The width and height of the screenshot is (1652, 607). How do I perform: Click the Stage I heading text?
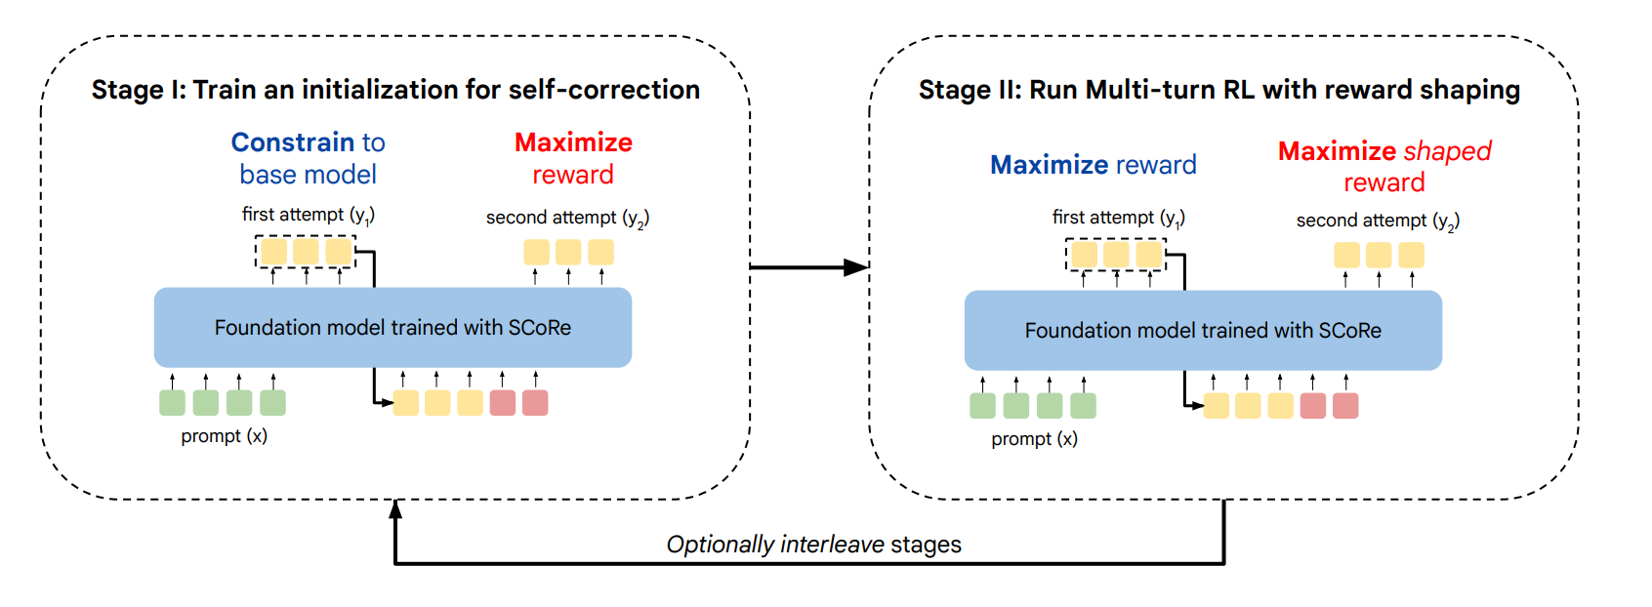click(x=395, y=90)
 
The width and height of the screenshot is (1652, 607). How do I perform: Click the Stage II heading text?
click(x=1219, y=90)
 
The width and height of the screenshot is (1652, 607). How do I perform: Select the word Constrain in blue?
click(x=293, y=142)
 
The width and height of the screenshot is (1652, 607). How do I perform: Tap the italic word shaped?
click(x=1448, y=151)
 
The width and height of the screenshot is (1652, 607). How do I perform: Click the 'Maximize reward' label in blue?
click(x=1093, y=165)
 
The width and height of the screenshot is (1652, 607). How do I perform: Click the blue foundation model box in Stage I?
click(x=393, y=328)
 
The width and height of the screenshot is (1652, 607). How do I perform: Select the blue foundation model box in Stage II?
click(x=1203, y=331)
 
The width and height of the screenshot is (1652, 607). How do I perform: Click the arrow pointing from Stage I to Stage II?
click(x=809, y=267)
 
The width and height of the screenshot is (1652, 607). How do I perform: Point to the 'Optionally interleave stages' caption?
click(x=814, y=545)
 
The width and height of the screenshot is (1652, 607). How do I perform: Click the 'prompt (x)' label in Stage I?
click(x=225, y=436)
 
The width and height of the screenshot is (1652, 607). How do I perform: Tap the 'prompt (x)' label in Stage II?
click(x=1034, y=439)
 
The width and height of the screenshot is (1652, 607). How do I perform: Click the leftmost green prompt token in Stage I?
click(x=173, y=403)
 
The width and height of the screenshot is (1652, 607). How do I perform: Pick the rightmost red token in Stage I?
click(x=535, y=403)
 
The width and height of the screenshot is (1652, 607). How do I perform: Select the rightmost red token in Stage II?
click(x=1346, y=406)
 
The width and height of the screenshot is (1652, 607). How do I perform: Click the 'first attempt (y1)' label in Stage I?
click(x=309, y=215)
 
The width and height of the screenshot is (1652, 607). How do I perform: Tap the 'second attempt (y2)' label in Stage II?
click(x=1379, y=221)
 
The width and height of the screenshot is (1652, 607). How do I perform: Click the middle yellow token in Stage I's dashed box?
click(x=306, y=252)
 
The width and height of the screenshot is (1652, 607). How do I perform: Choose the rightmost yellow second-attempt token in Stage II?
click(x=1412, y=255)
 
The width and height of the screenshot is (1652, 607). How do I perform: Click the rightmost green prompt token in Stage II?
click(x=1084, y=406)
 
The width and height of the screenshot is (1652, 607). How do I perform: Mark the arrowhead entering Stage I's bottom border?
click(x=396, y=508)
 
